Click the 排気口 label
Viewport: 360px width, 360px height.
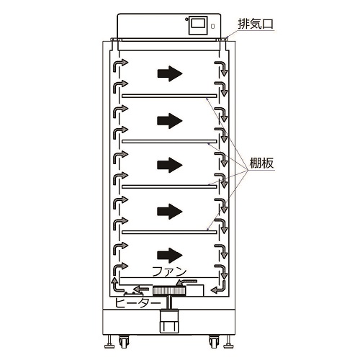256,24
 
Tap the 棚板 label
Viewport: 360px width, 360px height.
261,163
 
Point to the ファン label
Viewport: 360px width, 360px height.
169,271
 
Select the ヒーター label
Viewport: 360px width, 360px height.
138,303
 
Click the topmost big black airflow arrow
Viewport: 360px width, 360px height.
170,73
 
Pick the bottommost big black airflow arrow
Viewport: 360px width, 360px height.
170,256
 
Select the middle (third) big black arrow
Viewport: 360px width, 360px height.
170,165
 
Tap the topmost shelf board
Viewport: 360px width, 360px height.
169,96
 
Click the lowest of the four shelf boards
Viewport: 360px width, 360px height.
169,232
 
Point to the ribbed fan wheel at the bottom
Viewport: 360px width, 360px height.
169,291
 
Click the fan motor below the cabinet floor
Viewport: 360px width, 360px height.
169,321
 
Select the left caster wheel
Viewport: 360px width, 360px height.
124,342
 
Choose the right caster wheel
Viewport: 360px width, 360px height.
213,342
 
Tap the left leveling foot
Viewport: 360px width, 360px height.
109,341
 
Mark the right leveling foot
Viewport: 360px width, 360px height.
228,341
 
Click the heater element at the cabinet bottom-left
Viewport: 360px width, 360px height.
133,294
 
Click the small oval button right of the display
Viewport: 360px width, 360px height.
212,26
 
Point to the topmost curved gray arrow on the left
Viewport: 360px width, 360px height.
120,65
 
